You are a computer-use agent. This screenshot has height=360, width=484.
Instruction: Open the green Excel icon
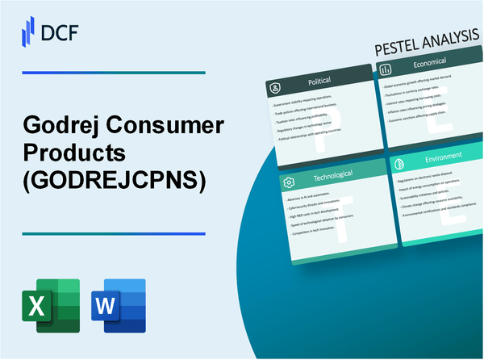tap(52, 304)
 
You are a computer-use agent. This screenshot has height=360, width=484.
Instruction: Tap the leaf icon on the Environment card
tap(398, 161)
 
